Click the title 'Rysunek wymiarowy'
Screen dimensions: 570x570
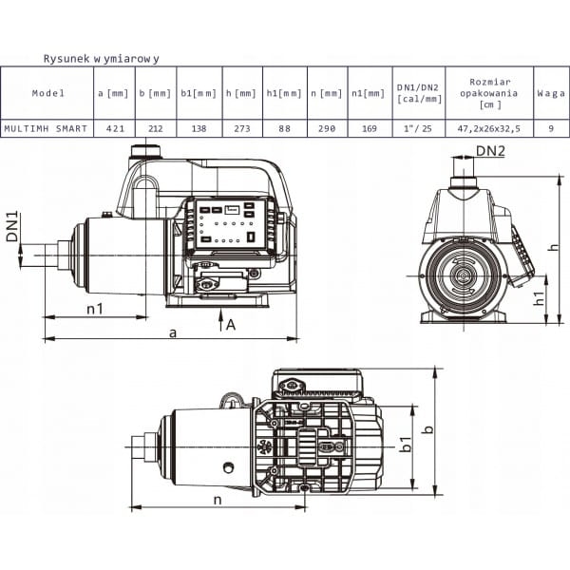click(101, 59)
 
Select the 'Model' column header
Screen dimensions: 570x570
click(48, 93)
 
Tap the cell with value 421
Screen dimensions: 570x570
click(115, 128)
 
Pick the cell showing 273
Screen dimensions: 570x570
click(242, 128)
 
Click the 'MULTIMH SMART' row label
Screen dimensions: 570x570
click(46, 128)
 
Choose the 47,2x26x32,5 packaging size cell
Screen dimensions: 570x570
click(488, 128)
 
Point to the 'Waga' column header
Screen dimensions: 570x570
click(551, 93)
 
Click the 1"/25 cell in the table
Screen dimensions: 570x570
click(418, 128)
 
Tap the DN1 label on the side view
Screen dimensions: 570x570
click(12, 226)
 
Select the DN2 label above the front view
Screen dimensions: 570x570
click(490, 150)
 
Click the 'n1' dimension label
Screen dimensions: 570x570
click(95, 309)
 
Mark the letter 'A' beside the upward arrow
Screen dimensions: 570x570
click(231, 325)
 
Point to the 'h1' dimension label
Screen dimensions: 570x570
click(540, 298)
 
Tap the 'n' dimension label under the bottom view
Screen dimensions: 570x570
click(218, 501)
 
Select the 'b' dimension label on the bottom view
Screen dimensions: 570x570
click(429, 429)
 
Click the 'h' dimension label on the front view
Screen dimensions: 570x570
click(553, 247)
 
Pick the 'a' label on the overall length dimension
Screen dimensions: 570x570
click(174, 332)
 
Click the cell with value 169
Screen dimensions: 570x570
click(370, 128)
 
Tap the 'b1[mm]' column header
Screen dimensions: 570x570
click(199, 93)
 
